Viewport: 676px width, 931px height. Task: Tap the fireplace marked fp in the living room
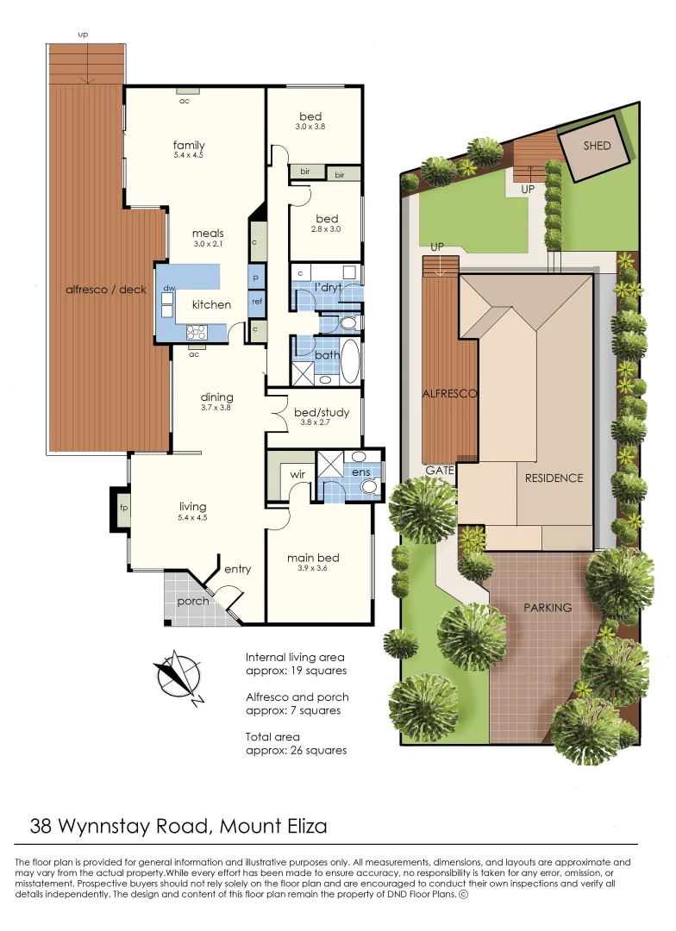(x=123, y=508)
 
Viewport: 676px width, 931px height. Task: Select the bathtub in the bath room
(x=350, y=360)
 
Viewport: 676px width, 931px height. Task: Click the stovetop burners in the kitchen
(x=196, y=332)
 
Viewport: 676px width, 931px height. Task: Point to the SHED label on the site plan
(x=597, y=146)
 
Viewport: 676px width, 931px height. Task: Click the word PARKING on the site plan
(x=548, y=608)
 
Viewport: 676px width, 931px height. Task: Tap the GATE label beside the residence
(x=440, y=471)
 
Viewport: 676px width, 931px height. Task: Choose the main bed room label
(x=313, y=558)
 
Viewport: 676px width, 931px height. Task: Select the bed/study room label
(x=322, y=413)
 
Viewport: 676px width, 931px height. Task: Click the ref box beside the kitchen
(x=257, y=302)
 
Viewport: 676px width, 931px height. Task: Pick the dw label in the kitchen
(x=169, y=289)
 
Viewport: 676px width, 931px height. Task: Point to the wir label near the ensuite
(x=297, y=474)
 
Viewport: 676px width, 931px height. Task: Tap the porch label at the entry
(x=193, y=601)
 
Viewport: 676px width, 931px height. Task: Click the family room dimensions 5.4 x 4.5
(x=189, y=155)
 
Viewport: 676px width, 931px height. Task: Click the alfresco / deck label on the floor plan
(x=106, y=290)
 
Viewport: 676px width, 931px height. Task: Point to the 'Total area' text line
(x=272, y=737)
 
